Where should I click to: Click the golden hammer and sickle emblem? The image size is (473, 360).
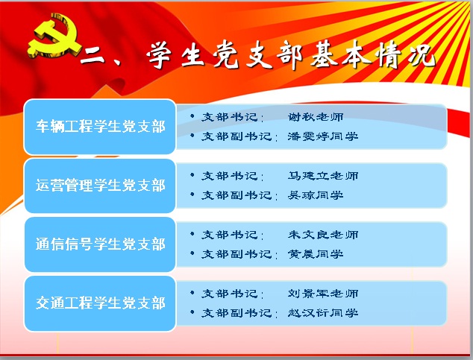[x=54, y=37]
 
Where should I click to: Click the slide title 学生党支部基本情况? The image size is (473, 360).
[x=291, y=57]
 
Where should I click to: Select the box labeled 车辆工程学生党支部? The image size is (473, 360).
[x=100, y=127]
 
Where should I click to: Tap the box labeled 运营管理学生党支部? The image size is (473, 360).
[x=100, y=186]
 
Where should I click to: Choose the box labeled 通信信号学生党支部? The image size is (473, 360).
[x=100, y=244]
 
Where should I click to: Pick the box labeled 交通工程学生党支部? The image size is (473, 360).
[x=100, y=303]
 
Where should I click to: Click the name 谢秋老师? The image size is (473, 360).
[x=316, y=117]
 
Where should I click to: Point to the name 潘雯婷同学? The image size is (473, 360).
[x=323, y=136]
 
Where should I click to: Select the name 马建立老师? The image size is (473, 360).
[x=323, y=176]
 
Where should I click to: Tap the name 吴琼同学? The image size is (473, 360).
[x=316, y=195]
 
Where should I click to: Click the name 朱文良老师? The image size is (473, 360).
[x=323, y=235]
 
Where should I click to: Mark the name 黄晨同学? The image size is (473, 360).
[x=316, y=254]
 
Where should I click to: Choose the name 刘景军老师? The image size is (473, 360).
[x=323, y=294]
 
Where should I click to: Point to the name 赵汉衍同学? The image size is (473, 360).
[x=323, y=313]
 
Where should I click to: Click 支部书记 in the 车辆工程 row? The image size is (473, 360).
[x=230, y=117]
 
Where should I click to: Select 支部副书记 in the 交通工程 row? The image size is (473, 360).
[x=236, y=313]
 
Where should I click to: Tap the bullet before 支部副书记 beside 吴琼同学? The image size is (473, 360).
[x=192, y=195]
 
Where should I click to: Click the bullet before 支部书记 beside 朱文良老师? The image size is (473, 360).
[x=192, y=234]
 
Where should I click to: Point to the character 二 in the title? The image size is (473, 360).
[x=93, y=55]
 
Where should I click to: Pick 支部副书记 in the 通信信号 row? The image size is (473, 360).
[x=236, y=254]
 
